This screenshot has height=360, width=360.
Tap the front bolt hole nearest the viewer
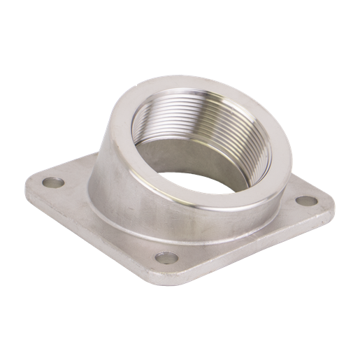click(x=166, y=257)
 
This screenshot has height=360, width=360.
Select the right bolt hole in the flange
click(x=305, y=201)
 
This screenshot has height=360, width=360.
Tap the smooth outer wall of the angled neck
click(x=126, y=168)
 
